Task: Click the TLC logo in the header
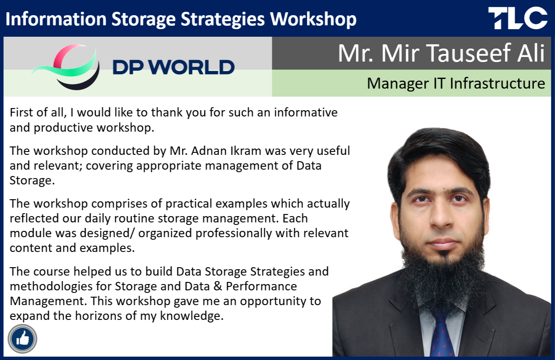(518, 18)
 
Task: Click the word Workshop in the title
(313, 19)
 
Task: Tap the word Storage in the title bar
(143, 19)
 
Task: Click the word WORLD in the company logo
(193, 68)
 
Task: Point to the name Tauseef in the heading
(468, 53)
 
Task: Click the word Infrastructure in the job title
(497, 83)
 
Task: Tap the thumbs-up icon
(22, 339)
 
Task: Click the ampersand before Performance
(218, 287)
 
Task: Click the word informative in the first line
(306, 113)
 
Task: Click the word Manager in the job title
(398, 84)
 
